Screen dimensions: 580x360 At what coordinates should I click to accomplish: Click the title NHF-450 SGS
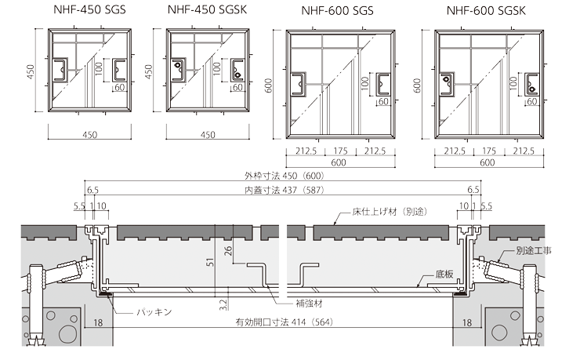click(89, 9)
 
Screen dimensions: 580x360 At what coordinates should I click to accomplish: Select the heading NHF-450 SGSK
click(207, 9)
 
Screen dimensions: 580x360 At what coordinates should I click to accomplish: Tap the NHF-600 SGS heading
click(337, 10)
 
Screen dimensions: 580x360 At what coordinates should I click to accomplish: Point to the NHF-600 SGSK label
click(486, 10)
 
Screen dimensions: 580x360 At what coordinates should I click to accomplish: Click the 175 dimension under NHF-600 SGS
click(340, 151)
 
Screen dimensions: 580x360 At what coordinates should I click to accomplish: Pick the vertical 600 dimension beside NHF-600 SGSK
click(417, 85)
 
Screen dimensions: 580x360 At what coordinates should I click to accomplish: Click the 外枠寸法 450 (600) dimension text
click(284, 176)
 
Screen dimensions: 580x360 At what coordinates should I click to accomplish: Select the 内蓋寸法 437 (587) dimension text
click(284, 190)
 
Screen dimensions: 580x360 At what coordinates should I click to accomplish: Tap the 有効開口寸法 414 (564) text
click(284, 322)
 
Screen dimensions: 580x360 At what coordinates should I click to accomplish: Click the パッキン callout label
click(154, 312)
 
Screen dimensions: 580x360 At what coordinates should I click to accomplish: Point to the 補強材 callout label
click(310, 304)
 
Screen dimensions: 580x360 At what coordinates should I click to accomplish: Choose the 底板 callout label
click(444, 275)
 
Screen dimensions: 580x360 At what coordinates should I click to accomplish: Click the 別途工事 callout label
click(534, 250)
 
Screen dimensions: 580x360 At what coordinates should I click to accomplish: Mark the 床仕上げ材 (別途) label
click(390, 212)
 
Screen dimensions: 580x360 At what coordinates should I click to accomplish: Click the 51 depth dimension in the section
click(211, 262)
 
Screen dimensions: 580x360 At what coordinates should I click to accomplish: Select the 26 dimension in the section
click(228, 251)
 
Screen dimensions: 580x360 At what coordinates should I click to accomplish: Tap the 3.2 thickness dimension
click(223, 304)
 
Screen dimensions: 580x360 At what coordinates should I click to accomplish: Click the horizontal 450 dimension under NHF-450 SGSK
click(208, 135)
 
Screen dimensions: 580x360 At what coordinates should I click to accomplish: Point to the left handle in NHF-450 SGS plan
click(60, 70)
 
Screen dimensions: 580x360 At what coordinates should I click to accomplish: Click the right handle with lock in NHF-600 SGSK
click(531, 85)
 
